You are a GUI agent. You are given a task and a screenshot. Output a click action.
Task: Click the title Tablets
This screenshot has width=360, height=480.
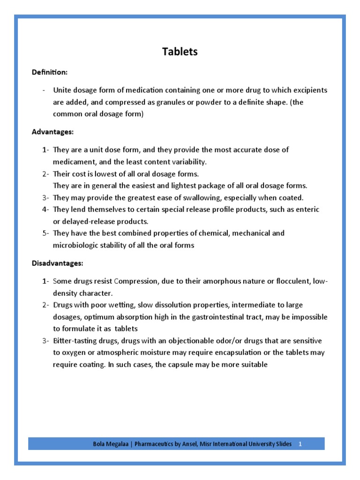pyautogui.click(x=180, y=52)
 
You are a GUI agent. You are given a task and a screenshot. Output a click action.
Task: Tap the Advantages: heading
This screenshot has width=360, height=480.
pyautogui.click(x=52, y=132)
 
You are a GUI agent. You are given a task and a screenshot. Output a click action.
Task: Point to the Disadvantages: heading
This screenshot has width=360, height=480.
pyautogui.click(x=57, y=263)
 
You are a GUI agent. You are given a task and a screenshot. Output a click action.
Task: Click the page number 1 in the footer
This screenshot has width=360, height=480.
pyautogui.click(x=300, y=444)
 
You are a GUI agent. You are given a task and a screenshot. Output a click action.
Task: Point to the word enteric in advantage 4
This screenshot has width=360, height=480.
pyautogui.click(x=307, y=210)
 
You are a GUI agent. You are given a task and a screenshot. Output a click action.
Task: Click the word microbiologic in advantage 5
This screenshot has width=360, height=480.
pyautogui.click(x=75, y=245)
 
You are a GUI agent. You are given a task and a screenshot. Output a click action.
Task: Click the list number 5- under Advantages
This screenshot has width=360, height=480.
pyautogui.click(x=45, y=233)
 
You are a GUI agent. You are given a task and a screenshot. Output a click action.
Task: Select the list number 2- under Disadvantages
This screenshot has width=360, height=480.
pyautogui.click(x=45, y=305)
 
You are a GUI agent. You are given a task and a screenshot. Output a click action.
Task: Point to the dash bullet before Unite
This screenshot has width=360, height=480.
pyautogui.click(x=44, y=90)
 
